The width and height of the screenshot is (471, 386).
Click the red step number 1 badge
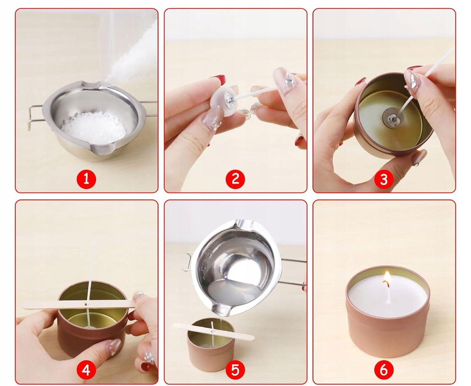click(x=86, y=179)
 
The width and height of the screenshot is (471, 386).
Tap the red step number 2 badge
click(x=235, y=179)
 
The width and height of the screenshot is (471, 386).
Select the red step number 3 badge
click(x=384, y=179)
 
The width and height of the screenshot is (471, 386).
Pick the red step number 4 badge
click(x=86, y=370)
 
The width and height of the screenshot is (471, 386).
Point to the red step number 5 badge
click(x=235, y=370)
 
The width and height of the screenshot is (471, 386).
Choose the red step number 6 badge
click(x=384, y=370)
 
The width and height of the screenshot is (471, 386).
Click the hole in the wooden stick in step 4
click(x=86, y=305)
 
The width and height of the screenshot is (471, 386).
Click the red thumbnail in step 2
click(x=219, y=80)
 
